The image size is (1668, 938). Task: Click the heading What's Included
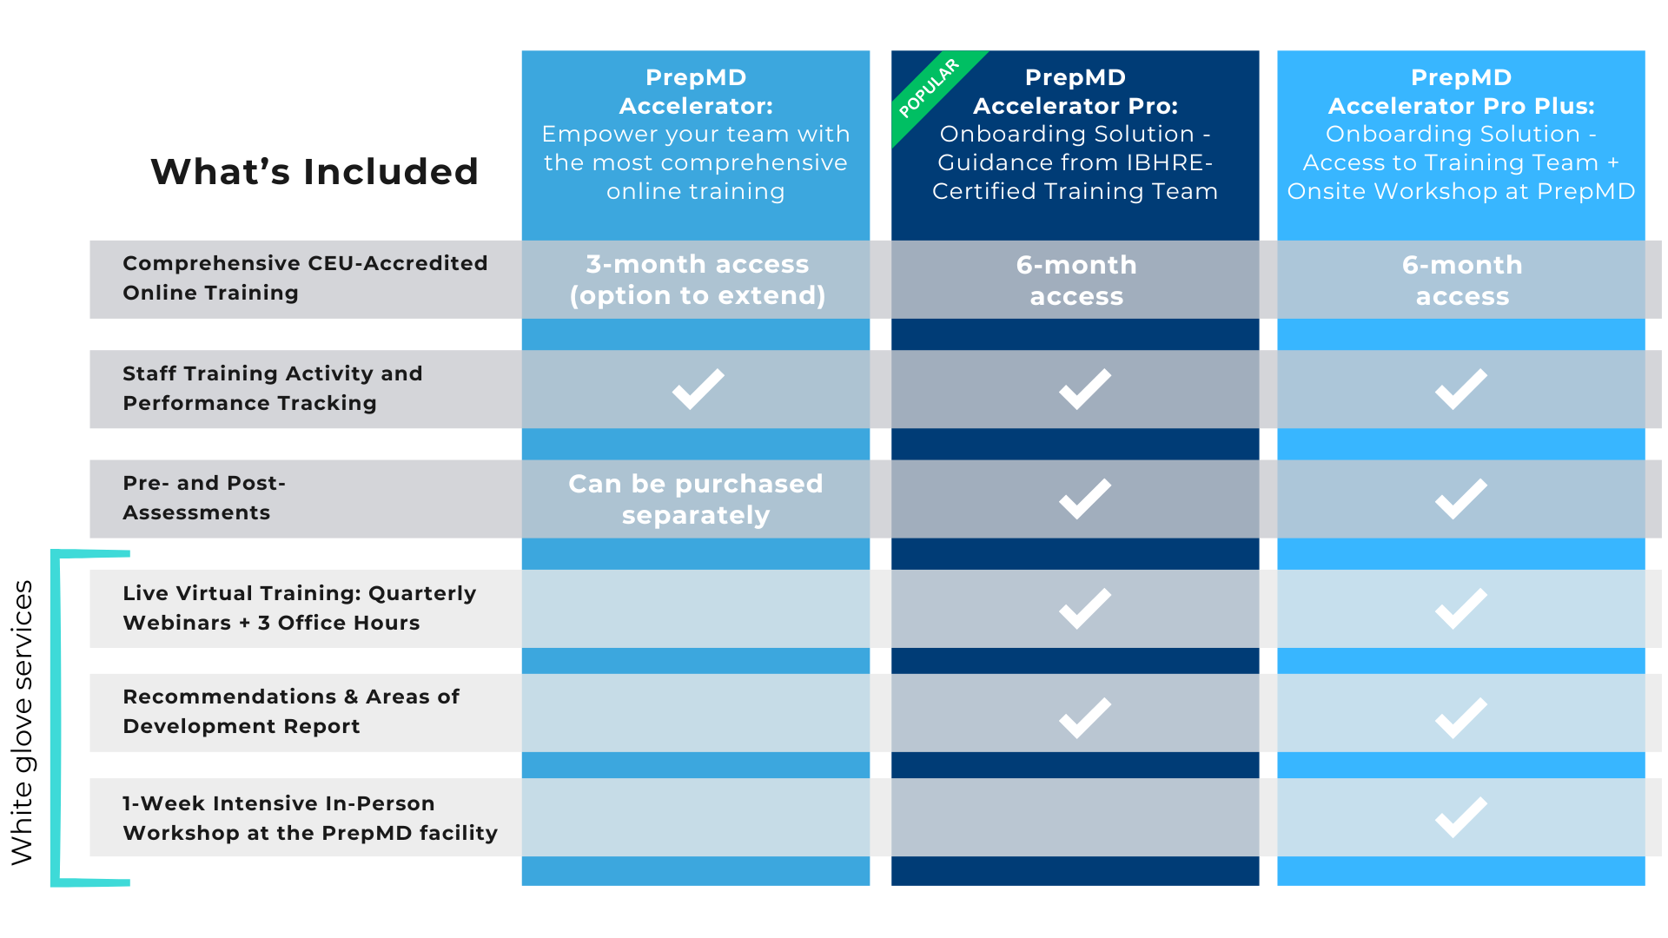[314, 171]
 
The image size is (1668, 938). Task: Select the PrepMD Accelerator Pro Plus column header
[1460, 134]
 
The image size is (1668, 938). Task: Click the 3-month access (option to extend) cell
[697, 280]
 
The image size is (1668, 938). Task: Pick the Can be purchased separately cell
[695, 499]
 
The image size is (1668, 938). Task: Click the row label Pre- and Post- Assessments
[205, 498]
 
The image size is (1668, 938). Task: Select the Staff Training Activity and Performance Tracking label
[273, 388]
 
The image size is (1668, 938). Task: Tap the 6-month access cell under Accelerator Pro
[1076, 280]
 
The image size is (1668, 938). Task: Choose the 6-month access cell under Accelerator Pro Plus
[1461, 280]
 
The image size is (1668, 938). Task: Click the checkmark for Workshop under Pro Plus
[1460, 816]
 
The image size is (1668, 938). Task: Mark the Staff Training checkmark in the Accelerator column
[698, 388]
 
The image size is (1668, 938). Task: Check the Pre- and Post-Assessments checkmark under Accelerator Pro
[1084, 499]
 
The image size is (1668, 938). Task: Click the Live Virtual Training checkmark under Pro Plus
[1460, 608]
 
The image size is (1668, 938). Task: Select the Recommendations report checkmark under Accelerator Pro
[1084, 717]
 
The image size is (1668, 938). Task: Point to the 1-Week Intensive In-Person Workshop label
[310, 818]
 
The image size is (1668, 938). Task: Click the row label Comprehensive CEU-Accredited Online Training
[305, 278]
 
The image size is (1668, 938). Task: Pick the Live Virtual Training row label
[300, 608]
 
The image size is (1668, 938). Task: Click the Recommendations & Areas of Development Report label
[291, 711]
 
